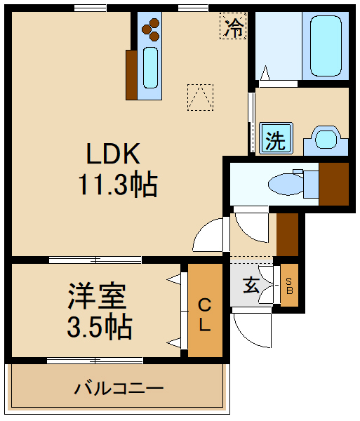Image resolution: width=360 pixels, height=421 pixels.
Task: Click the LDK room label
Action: click(x=114, y=153)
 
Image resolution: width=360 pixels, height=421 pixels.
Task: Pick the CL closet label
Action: click(x=204, y=315)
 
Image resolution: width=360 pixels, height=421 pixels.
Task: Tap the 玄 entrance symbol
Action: click(x=251, y=285)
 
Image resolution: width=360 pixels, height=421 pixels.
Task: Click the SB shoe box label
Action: click(x=289, y=285)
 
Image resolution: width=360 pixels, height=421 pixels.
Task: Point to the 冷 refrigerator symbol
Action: click(x=234, y=28)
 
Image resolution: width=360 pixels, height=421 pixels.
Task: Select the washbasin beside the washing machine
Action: click(x=325, y=139)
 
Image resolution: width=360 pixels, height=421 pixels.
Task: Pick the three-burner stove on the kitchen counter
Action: click(x=151, y=29)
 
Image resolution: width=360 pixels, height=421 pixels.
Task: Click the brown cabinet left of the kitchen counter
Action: click(x=131, y=74)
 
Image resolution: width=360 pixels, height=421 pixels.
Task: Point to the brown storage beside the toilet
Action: click(x=334, y=184)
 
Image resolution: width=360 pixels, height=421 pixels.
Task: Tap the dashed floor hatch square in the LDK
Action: click(x=200, y=97)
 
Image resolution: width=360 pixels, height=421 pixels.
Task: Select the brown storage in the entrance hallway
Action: click(x=288, y=234)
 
